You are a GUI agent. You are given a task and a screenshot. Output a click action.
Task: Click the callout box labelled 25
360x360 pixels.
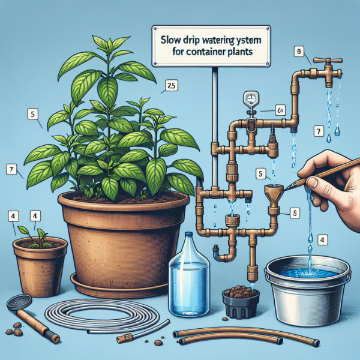[170, 86]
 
